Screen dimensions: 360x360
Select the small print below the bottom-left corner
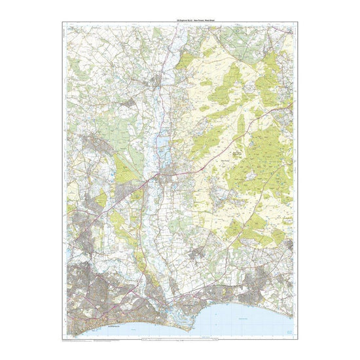point(79,340)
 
